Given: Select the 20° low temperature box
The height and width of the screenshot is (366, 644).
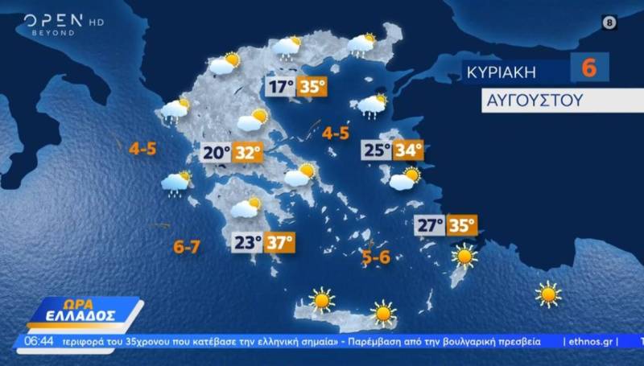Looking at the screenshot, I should click(x=217, y=151).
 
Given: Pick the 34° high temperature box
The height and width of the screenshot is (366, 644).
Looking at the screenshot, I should click(x=408, y=150).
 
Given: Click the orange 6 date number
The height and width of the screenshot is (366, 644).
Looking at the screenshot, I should click(x=589, y=68).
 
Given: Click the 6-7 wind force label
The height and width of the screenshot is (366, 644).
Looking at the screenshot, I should click(x=187, y=247).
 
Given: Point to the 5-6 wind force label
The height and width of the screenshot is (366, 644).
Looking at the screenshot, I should click(x=376, y=257).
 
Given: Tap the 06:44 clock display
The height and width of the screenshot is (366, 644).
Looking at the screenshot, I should click(x=38, y=341).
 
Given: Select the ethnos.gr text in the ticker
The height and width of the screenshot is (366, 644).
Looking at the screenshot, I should click(x=590, y=341).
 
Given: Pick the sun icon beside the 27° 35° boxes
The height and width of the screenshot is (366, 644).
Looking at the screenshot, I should click(x=464, y=257).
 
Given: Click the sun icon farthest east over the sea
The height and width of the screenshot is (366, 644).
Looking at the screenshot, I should click(x=548, y=294).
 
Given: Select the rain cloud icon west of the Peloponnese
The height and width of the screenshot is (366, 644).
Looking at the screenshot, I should click(x=175, y=184).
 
